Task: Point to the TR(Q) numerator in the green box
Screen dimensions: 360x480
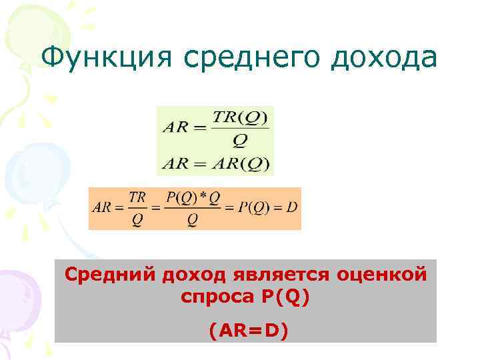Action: pos(240,118)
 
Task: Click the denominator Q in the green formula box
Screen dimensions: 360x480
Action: pos(240,141)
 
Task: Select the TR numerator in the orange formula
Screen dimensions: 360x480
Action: pos(137,197)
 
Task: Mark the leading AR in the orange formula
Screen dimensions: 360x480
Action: pos(101,207)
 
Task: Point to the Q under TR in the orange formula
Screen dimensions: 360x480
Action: pos(137,219)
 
